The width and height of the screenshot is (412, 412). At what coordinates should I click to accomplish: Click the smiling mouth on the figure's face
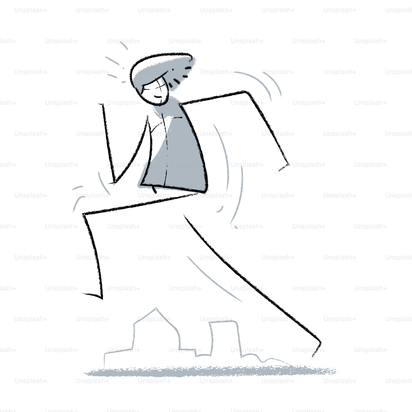pos(158,97)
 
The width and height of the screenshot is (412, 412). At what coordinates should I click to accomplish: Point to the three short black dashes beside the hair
pos(179,77)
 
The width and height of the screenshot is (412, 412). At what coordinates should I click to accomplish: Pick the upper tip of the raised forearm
pos(102,105)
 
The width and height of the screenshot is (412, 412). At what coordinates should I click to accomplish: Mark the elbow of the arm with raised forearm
pos(115,182)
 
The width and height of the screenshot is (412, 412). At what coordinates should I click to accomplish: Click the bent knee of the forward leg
pos(84,214)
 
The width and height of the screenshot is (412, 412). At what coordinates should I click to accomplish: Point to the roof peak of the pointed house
pos(156,308)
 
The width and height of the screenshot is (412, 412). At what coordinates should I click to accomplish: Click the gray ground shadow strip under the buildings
pos(210,371)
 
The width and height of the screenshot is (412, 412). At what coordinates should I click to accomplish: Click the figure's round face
pos(154,92)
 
